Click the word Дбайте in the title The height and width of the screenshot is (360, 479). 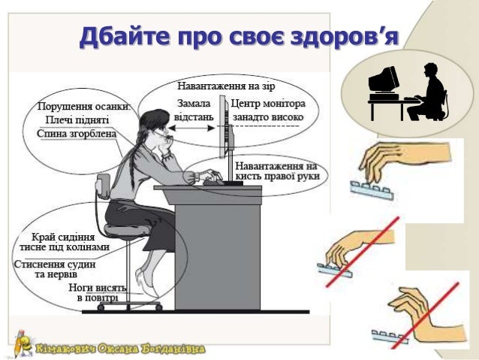(x=125, y=38)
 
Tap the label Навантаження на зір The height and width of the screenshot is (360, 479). (x=226, y=86)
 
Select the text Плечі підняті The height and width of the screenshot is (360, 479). (x=77, y=119)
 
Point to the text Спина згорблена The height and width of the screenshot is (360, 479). (x=77, y=134)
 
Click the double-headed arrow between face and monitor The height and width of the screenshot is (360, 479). (x=192, y=129)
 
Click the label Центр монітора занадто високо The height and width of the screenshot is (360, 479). (x=268, y=110)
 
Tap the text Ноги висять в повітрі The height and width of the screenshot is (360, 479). (x=98, y=292)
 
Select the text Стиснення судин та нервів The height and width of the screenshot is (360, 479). (x=55, y=269)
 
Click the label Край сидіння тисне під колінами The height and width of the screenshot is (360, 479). (x=64, y=242)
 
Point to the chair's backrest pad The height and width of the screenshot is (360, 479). (x=103, y=186)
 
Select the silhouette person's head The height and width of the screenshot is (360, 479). (x=431, y=71)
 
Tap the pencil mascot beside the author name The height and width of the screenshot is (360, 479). (x=23, y=343)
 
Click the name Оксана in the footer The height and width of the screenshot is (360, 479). (x=118, y=349)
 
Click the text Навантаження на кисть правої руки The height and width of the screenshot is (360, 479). (x=277, y=171)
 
